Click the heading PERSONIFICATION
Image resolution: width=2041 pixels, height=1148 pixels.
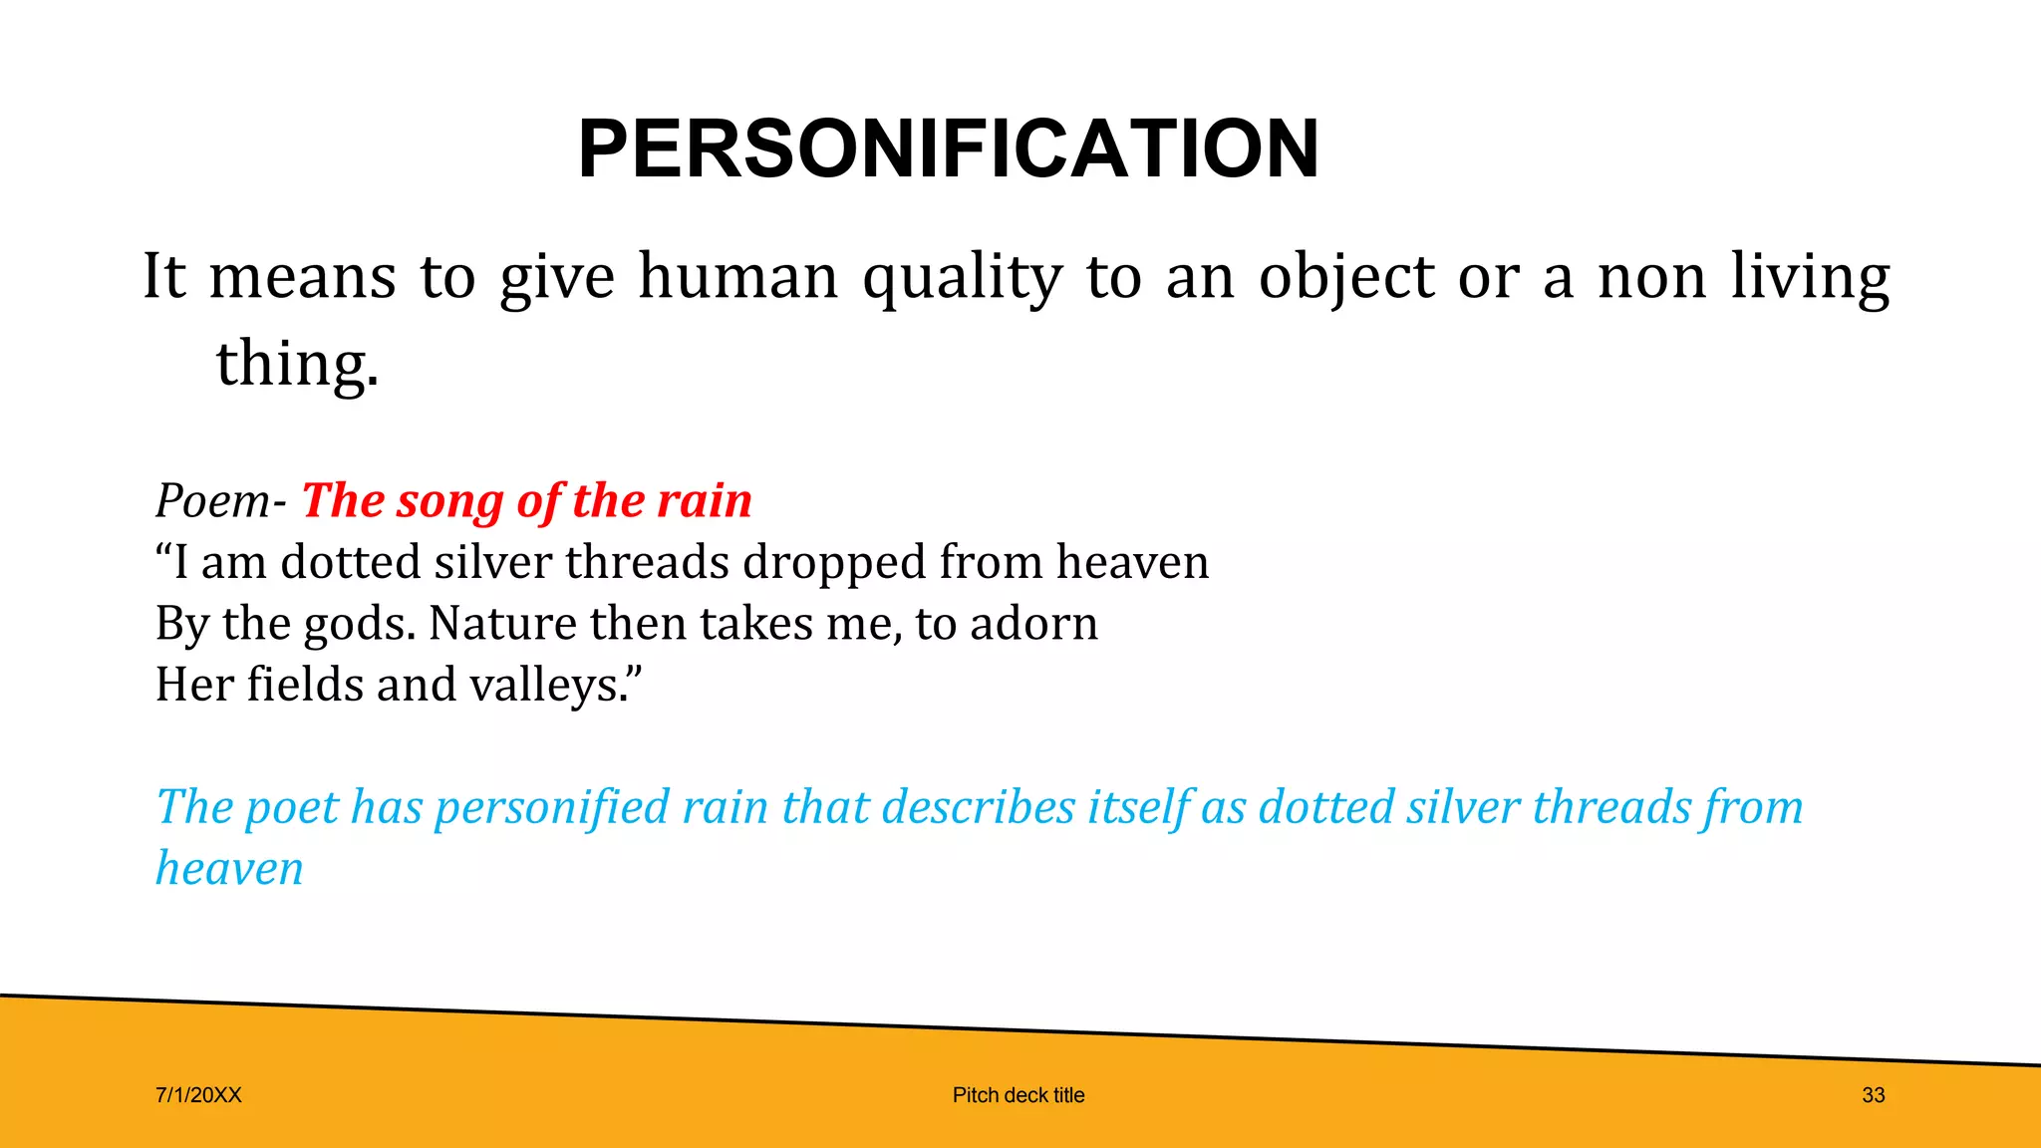(x=948, y=149)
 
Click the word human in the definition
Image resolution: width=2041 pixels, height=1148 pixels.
(x=738, y=276)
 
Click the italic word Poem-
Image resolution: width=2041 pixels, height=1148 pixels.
(x=220, y=500)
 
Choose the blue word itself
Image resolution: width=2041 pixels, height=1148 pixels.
(x=1137, y=807)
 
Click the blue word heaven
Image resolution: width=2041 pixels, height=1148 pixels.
(x=229, y=868)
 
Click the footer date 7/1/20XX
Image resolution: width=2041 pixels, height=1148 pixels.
(x=198, y=1095)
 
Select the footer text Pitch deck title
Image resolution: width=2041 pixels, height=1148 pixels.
(x=1019, y=1095)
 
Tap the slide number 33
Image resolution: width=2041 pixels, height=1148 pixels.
(x=1873, y=1095)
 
